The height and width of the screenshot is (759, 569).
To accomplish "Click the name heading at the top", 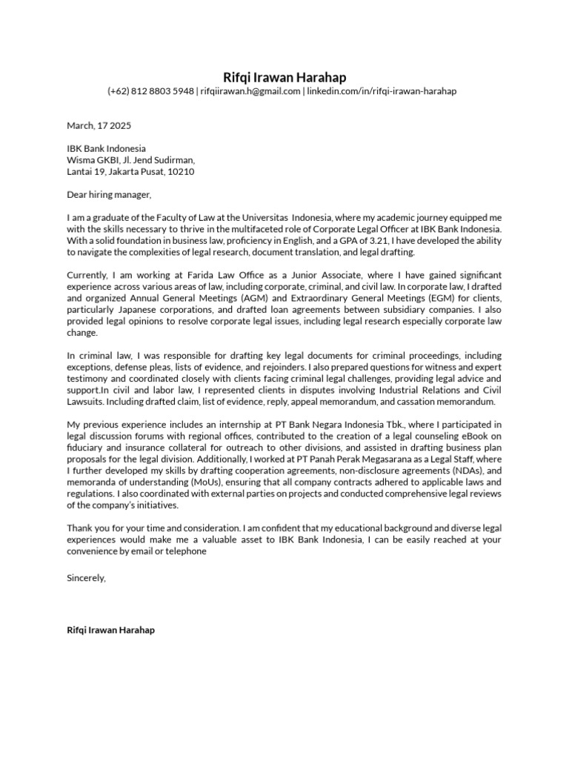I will (284, 77).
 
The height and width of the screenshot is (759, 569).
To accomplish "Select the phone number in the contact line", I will (150, 91).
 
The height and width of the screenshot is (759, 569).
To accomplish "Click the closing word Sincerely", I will (86, 577).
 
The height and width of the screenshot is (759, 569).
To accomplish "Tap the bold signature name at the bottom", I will (110, 630).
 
